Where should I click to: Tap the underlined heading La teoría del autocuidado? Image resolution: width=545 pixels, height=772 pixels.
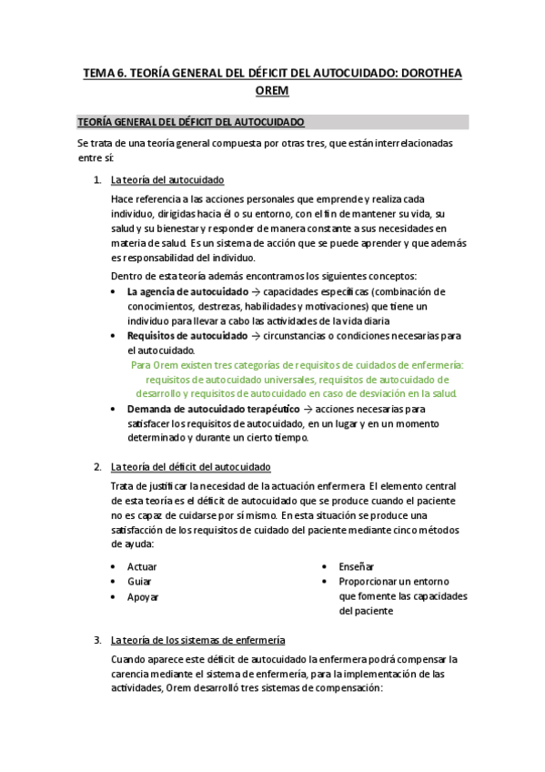(x=167, y=179)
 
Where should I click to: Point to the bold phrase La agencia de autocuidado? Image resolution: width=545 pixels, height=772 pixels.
(x=187, y=292)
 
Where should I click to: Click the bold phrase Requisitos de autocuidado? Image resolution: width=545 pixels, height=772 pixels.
(x=187, y=336)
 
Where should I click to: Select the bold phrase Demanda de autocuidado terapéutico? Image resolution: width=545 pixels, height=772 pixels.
(x=214, y=409)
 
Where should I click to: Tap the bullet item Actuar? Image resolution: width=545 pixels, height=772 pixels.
(x=142, y=567)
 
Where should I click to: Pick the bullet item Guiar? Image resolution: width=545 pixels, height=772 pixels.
(x=139, y=582)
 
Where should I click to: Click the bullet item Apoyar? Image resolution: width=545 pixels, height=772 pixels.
(x=143, y=597)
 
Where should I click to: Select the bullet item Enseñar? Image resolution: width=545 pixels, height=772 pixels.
(x=357, y=567)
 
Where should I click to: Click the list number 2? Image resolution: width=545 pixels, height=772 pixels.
(x=97, y=467)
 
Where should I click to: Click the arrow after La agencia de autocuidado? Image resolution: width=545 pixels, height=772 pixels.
(x=256, y=292)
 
